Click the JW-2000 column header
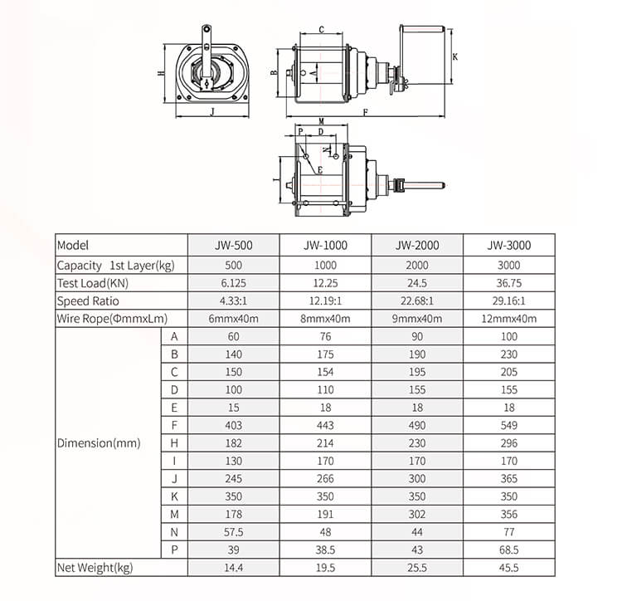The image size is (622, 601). pos(417,246)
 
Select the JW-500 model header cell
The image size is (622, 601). pos(233,246)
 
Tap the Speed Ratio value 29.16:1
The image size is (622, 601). pos(509,300)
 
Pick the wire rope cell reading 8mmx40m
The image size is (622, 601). pos(325,319)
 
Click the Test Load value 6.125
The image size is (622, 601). pos(233,283)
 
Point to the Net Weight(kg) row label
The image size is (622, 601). pos(95,568)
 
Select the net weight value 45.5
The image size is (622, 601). pos(509,568)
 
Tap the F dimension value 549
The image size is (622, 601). pos(509,425)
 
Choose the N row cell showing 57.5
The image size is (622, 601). pos(233,532)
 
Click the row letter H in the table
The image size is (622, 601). pos(174,443)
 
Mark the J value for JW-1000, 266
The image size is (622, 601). pos(325,479)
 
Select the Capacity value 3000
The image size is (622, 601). pos(509,265)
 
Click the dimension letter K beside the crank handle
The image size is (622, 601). pos(455,56)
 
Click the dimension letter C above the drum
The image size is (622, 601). pos(321,30)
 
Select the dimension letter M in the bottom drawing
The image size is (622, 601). pos(320,121)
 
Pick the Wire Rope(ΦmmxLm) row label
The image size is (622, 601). pos(112,319)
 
